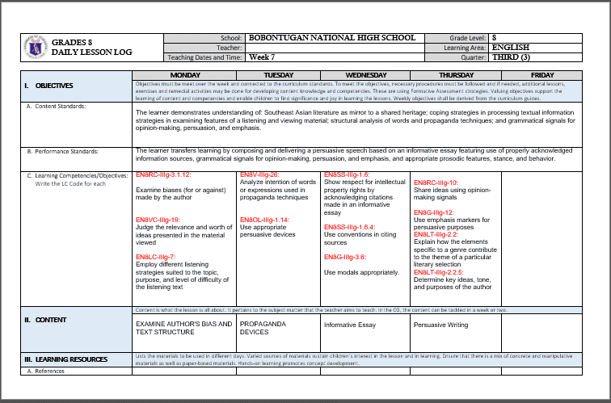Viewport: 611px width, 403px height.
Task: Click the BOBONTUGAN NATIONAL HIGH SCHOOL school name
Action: (331, 38)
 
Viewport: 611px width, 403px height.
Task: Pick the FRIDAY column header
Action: (542, 74)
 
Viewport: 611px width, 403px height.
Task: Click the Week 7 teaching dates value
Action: (262, 57)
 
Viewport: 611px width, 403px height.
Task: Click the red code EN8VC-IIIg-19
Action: (158, 220)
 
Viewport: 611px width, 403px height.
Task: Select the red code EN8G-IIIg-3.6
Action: (345, 257)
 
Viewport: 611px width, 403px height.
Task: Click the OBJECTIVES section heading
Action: (48, 85)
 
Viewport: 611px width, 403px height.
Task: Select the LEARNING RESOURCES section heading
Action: (65, 359)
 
